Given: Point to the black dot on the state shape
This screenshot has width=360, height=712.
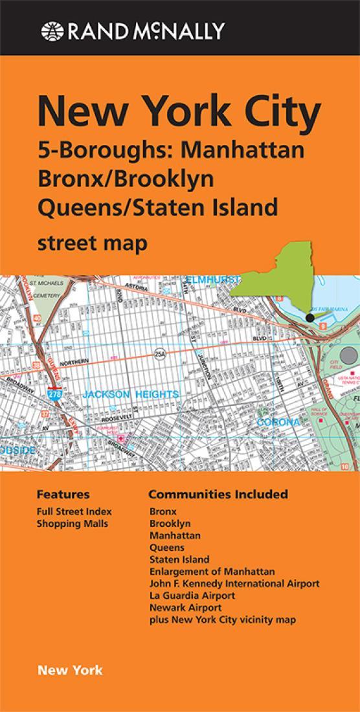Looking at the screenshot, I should [310, 318].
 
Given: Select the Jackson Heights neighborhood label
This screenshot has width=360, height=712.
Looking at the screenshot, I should [131, 394].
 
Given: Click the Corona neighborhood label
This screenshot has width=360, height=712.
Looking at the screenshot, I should [278, 422].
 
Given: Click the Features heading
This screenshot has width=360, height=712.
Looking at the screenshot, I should [63, 495].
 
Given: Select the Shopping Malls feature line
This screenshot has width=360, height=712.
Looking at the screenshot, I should [73, 524].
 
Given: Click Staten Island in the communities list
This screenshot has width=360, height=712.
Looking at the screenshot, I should [179, 559].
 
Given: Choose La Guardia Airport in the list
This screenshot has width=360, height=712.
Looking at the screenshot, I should [192, 595].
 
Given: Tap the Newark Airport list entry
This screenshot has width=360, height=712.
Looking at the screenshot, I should [185, 608].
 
